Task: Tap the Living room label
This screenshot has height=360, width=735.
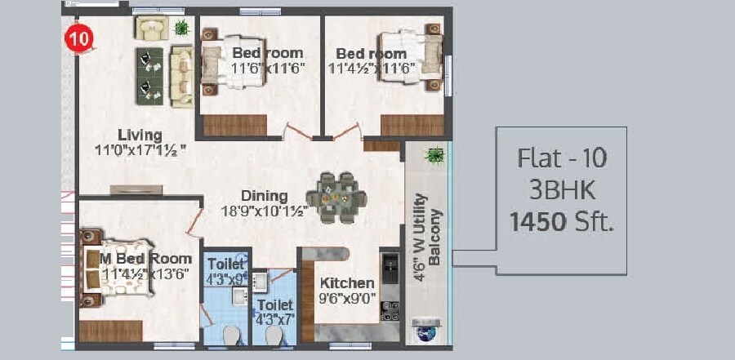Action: (140, 135)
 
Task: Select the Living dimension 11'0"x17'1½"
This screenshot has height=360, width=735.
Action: (140, 149)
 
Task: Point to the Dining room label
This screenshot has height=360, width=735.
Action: (264, 196)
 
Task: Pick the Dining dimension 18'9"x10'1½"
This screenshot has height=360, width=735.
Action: (264, 211)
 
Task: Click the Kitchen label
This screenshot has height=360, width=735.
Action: (348, 283)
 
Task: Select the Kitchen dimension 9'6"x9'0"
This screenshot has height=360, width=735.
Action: (348, 298)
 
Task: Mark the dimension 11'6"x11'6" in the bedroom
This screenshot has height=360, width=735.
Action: (269, 69)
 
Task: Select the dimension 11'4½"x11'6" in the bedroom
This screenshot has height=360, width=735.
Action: (372, 69)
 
